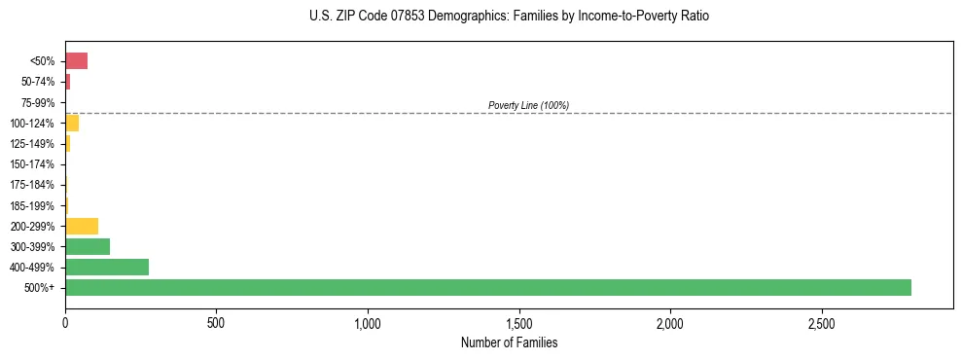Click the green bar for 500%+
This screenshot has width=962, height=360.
(487, 287)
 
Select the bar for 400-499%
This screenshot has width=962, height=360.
(107, 267)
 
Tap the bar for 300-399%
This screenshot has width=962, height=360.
(88, 246)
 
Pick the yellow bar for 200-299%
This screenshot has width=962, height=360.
(82, 226)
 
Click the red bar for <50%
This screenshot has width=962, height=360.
(76, 61)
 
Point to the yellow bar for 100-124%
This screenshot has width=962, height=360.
(72, 123)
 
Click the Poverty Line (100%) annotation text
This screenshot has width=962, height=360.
(528, 105)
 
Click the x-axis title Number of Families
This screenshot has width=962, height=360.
(509, 342)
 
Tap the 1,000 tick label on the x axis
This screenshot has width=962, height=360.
(368, 322)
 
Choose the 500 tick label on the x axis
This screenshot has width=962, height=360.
(216, 322)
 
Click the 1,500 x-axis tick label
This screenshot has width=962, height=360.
(519, 322)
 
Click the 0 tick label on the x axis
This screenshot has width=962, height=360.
(65, 322)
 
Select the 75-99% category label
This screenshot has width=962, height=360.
(38, 102)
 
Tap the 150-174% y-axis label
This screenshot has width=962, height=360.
(33, 164)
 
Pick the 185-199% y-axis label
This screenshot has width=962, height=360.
(33, 205)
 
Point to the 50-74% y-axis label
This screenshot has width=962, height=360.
(38, 82)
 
